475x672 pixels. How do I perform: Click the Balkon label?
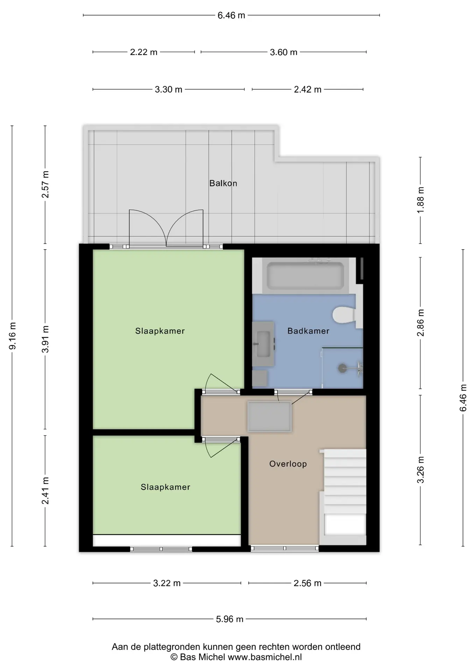(223, 183)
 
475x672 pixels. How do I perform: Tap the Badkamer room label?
(308, 331)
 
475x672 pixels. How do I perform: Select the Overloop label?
(288, 464)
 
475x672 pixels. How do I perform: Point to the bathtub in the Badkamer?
(305, 276)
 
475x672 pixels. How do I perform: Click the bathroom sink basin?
(263, 344)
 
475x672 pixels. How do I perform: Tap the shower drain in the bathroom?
(342, 368)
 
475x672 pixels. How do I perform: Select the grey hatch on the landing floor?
(269, 416)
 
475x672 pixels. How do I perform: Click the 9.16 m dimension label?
(12, 336)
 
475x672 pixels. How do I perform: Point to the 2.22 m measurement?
(143, 52)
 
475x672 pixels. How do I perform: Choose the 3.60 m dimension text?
(283, 52)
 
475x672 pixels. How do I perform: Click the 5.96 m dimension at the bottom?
(229, 619)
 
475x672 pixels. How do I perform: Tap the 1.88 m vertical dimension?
(420, 200)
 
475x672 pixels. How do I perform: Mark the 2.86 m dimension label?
(420, 323)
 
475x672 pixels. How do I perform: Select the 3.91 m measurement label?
(45, 339)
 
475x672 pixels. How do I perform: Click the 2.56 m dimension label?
(307, 583)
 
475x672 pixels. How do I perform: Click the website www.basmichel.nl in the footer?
(265, 657)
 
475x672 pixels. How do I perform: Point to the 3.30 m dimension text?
(168, 89)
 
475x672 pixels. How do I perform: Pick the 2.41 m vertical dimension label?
(45, 490)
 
